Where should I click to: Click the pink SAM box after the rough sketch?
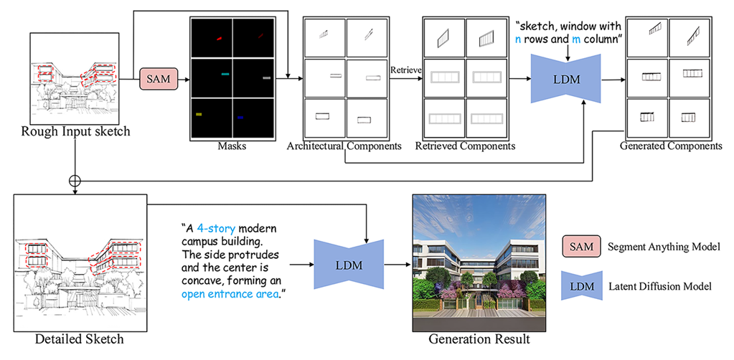click(x=156, y=78)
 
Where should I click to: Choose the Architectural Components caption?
click(x=344, y=147)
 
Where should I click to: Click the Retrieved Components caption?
click(x=465, y=147)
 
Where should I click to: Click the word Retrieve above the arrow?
click(x=405, y=70)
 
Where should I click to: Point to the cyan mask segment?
click(x=225, y=74)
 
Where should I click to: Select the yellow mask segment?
click(x=199, y=113)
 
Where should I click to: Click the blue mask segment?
click(x=240, y=117)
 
